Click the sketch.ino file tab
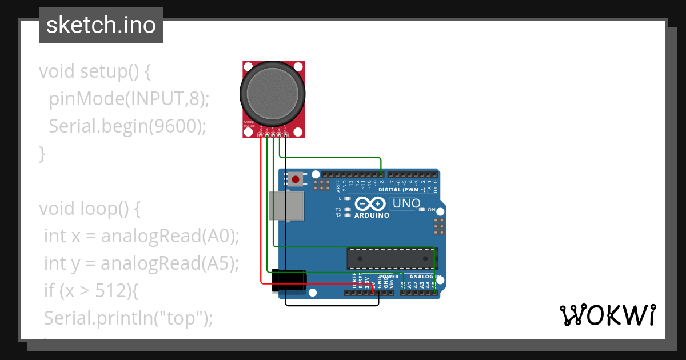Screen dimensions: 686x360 pyautogui.click(x=101, y=25)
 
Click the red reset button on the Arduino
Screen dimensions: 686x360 pyautogui.click(x=295, y=179)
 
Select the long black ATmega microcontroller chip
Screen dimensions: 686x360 pyautogui.click(x=392, y=258)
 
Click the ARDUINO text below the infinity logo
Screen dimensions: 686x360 pyautogui.click(x=372, y=216)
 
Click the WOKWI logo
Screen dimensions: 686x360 pyautogui.click(x=607, y=315)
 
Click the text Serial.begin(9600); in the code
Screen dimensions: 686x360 pyautogui.click(x=127, y=126)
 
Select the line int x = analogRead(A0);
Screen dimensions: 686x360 pyautogui.click(x=142, y=235)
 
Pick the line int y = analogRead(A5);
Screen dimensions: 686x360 pyautogui.click(x=141, y=263)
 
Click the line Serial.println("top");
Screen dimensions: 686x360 pyautogui.click(x=128, y=318)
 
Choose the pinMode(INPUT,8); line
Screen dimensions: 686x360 pyautogui.click(x=129, y=99)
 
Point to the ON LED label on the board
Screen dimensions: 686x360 pyautogui.click(x=432, y=210)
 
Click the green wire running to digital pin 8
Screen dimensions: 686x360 pyautogui.click(x=332, y=157)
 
